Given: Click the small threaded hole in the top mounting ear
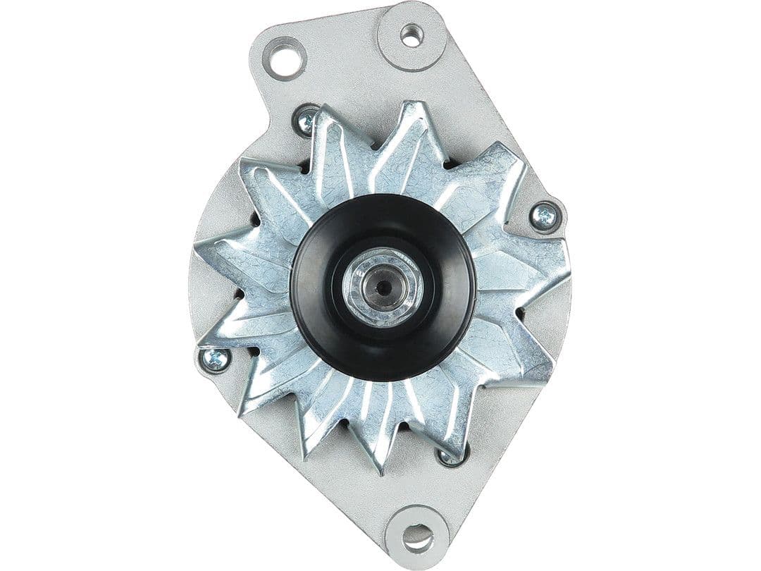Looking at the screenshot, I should tap(412, 34).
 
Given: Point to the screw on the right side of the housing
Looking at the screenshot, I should tap(544, 216).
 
